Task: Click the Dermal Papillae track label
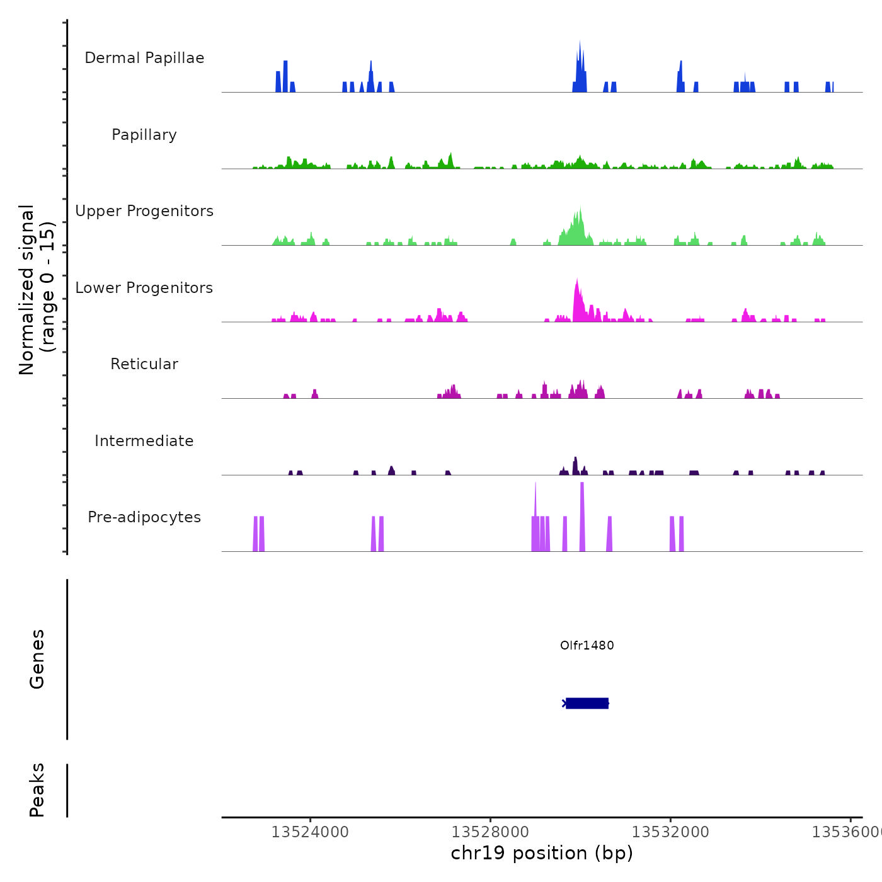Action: click(x=144, y=58)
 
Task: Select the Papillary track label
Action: click(x=144, y=135)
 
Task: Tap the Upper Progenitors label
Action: click(x=144, y=211)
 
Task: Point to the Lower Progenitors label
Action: click(x=144, y=288)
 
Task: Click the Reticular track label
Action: click(x=144, y=364)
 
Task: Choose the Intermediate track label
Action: click(x=144, y=441)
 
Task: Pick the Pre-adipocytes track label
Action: click(x=144, y=517)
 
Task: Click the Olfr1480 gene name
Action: click(x=587, y=645)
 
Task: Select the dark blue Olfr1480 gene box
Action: click(x=587, y=703)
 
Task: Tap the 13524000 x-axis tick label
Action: click(x=310, y=832)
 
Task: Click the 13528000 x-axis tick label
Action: click(x=490, y=832)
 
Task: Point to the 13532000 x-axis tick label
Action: click(x=670, y=832)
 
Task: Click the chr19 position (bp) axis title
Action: click(x=542, y=853)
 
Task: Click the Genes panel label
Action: click(x=37, y=659)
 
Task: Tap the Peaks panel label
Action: click(x=37, y=790)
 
